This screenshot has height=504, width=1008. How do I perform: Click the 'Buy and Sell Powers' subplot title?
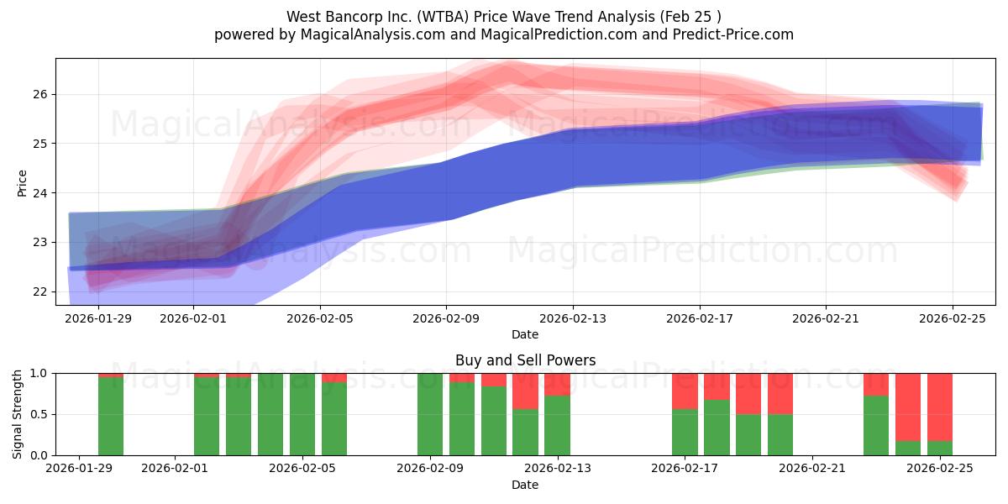click(525, 360)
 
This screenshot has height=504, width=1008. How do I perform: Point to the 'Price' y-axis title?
click(22, 182)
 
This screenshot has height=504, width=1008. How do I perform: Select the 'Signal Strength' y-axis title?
click(18, 414)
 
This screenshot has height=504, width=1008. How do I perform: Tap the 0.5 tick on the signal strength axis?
click(38, 414)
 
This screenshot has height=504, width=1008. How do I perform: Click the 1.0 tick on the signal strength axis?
click(38, 373)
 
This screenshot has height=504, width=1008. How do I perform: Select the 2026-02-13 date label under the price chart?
click(573, 318)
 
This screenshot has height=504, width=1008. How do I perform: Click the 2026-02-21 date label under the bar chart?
click(812, 469)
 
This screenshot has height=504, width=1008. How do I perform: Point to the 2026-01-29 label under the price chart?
click(98, 318)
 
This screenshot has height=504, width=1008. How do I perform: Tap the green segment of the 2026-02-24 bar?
click(907, 448)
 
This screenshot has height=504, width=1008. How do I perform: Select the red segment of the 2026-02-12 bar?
click(525, 391)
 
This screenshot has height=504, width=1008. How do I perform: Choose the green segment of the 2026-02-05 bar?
click(302, 414)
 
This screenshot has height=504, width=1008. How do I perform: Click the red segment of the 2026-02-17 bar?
click(685, 391)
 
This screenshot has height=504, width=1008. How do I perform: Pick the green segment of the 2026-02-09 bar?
click(429, 414)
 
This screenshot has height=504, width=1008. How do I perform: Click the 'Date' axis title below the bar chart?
click(525, 485)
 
